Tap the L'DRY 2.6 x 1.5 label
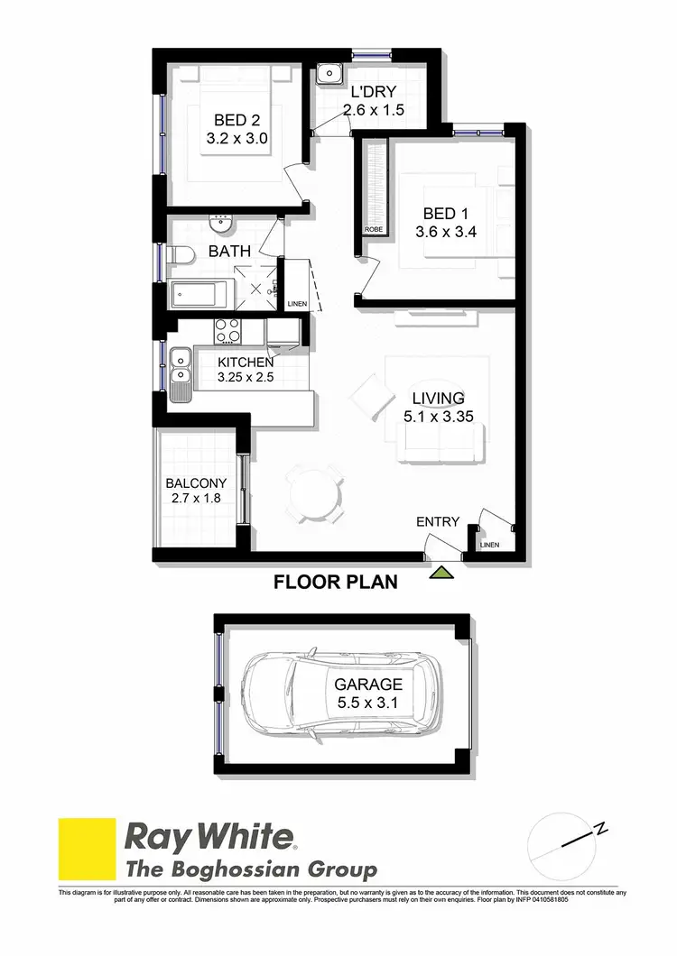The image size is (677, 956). pyautogui.click(x=373, y=101)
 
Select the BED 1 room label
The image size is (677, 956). pyautogui.click(x=439, y=223)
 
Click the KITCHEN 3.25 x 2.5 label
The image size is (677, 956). pyautogui.click(x=246, y=370)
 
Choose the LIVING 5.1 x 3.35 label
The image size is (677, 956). pyautogui.click(x=439, y=407)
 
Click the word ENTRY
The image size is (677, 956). pyautogui.click(x=438, y=521)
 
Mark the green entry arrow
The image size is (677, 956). pyautogui.click(x=441, y=572)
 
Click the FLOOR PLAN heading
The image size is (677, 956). pyautogui.click(x=335, y=583)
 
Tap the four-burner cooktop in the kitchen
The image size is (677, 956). pyautogui.click(x=227, y=331)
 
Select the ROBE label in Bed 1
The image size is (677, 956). pyautogui.click(x=373, y=230)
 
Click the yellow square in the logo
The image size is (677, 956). pyautogui.click(x=88, y=848)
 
